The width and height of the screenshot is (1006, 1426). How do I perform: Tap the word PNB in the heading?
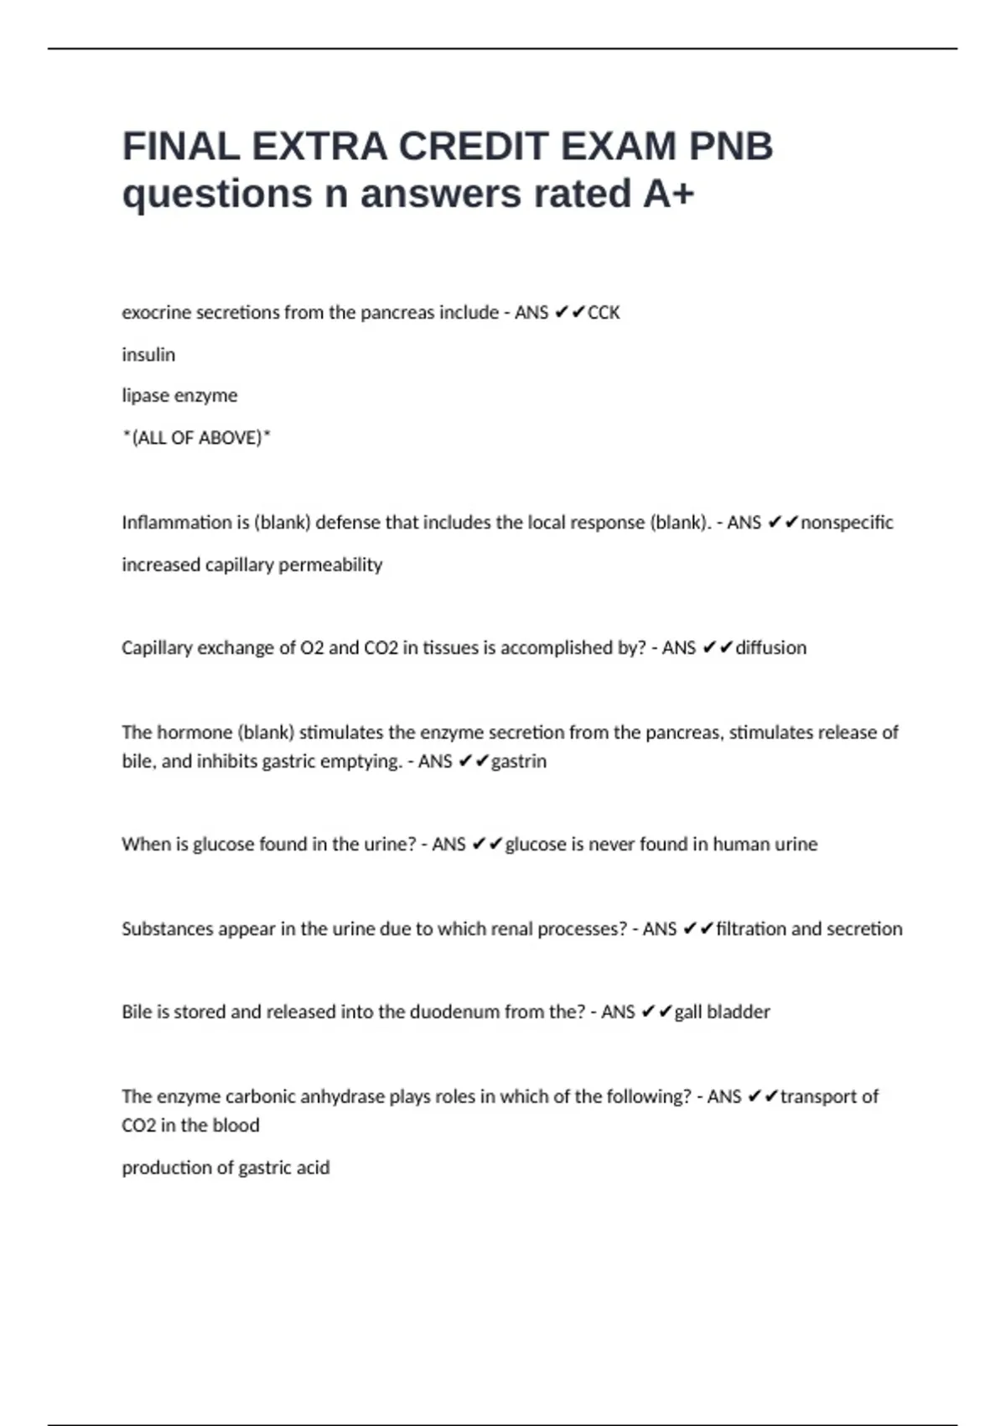[x=730, y=147]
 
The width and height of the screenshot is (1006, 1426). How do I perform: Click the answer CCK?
[x=604, y=313]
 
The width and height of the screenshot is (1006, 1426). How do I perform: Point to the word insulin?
[x=148, y=355]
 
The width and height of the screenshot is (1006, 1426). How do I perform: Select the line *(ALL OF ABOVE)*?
[x=196, y=438]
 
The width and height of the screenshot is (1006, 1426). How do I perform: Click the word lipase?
[x=146, y=396]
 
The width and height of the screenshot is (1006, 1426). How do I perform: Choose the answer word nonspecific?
[x=847, y=523]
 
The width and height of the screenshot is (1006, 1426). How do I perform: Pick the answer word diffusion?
[x=771, y=648]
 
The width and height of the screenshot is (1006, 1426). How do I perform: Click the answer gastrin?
[x=519, y=762]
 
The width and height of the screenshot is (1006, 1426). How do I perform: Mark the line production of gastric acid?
[x=226, y=1168]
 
